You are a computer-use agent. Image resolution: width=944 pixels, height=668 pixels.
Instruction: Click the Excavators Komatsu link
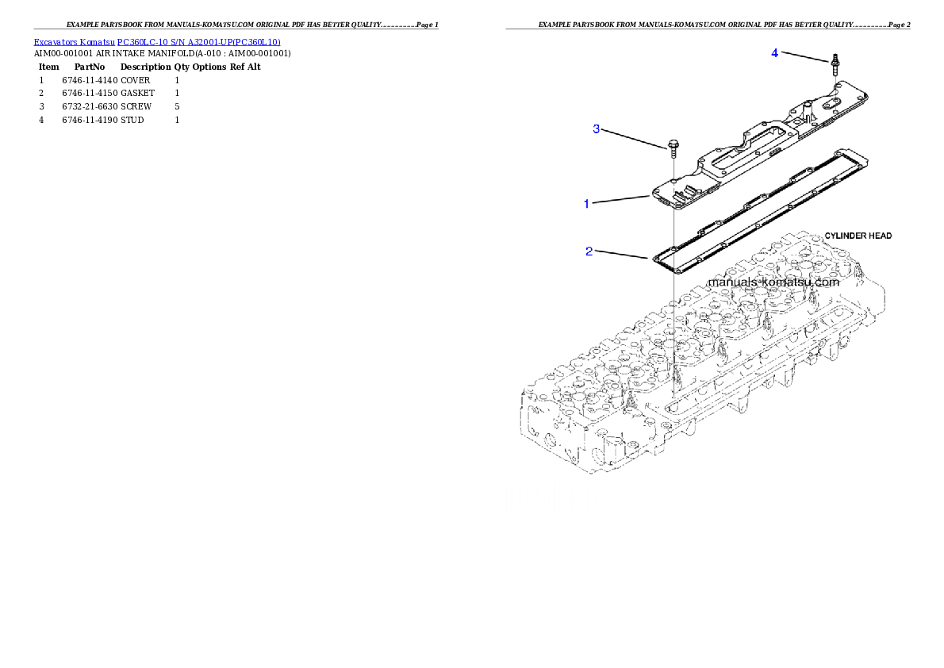coord(74,42)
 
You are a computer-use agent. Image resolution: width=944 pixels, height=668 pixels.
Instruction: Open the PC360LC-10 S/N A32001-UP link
coord(198,42)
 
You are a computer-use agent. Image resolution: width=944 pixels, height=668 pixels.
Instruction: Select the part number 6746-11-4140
coord(90,80)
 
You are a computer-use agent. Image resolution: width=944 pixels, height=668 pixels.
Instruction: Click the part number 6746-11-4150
coord(90,94)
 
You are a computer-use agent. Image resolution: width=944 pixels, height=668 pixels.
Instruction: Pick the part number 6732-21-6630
coord(90,106)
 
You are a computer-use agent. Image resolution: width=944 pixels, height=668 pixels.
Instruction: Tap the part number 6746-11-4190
coord(90,120)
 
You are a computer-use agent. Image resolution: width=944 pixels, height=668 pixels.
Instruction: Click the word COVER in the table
coord(136,80)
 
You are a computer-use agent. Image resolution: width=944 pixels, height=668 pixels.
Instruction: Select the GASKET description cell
coord(138,94)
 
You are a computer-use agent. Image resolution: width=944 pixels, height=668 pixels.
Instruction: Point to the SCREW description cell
coord(136,106)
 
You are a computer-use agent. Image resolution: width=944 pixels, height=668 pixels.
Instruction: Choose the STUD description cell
coord(132,120)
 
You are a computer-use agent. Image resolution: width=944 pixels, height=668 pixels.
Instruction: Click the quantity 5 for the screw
coord(177,106)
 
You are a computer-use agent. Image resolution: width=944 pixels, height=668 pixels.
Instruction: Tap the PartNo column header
coord(90,67)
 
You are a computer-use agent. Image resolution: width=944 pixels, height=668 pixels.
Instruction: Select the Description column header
coord(146,67)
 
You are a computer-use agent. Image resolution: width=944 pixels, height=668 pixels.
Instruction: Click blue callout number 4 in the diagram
coord(775,53)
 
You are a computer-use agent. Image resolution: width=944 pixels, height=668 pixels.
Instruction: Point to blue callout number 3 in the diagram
coord(597,129)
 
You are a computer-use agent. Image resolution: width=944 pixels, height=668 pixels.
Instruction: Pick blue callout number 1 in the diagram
coord(587,204)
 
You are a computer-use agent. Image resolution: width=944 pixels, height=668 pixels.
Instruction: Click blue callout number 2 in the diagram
coord(589,251)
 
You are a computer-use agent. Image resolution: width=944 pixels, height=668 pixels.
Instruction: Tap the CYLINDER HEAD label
coord(858,236)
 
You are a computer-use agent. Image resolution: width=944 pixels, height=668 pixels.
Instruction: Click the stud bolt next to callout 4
coord(835,63)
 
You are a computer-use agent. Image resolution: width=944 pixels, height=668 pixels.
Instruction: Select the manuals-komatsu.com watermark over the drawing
coord(773,282)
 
